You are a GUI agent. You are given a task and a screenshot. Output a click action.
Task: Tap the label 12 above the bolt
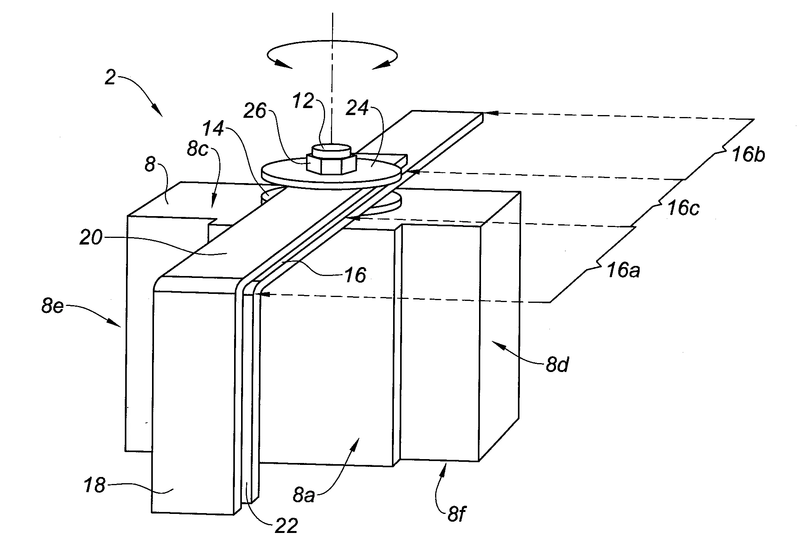point(304,101)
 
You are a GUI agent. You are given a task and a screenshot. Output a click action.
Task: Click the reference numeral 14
point(213,129)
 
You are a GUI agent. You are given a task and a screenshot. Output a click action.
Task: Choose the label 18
point(94,485)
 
